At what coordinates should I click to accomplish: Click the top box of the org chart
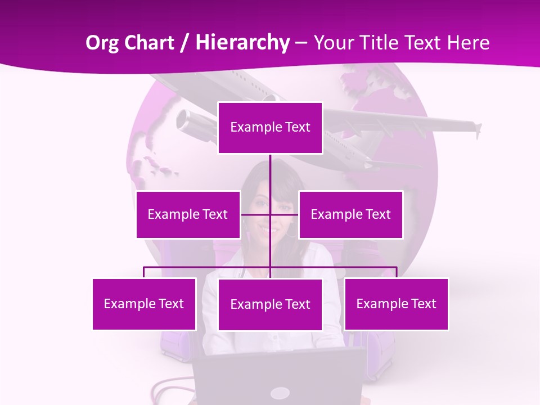point(270,128)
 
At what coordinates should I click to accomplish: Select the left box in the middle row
point(188,214)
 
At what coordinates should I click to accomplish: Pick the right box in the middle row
point(350,214)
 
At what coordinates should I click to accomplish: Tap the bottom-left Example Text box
point(144,304)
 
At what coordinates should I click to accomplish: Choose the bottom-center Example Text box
point(270,304)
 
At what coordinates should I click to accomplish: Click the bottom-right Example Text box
point(396,304)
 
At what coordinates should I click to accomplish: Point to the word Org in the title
point(102,42)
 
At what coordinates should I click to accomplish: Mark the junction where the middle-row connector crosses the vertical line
point(270,214)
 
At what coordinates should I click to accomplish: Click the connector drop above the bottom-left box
point(144,272)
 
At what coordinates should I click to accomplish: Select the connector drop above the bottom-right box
point(396,272)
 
